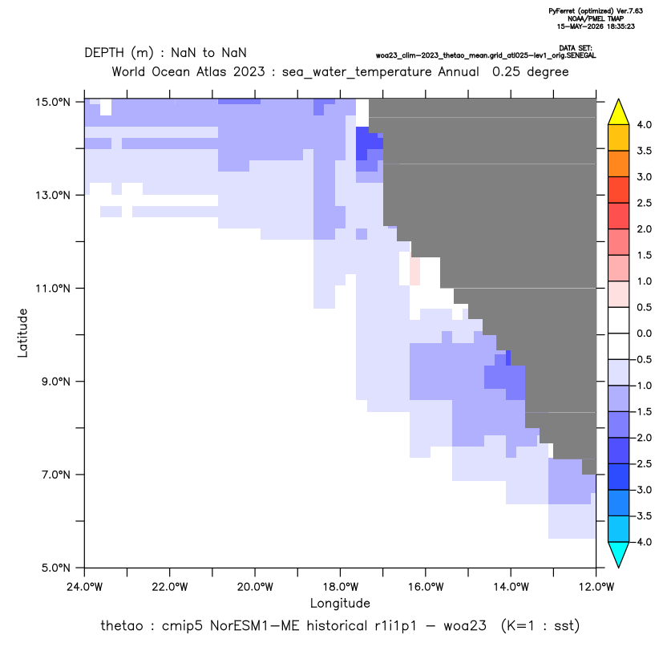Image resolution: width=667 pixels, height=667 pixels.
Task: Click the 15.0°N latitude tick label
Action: tap(53, 102)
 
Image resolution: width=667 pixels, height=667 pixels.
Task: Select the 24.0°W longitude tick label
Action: tap(85, 587)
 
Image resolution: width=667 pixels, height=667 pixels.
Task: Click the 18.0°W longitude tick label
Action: tap(340, 587)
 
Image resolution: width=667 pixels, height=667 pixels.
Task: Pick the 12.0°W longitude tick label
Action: tap(596, 587)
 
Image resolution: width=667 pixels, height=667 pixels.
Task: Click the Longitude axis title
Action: tap(340, 603)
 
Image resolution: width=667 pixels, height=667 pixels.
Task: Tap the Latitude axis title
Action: tap(22, 333)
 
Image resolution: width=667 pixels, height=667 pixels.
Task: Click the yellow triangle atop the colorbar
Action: tap(619, 112)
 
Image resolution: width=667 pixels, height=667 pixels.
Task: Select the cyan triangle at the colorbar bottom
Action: tap(619, 554)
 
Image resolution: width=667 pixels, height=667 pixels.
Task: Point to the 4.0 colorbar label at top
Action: tap(644, 124)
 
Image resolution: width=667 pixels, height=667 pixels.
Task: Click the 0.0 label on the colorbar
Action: tap(644, 333)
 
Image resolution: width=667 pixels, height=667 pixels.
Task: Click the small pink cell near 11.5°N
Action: tap(414, 271)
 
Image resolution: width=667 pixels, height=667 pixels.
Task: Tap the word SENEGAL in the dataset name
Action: tap(581, 56)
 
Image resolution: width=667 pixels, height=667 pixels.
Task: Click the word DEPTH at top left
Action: tap(104, 53)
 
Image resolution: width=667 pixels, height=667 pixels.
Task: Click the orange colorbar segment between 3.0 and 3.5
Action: tap(619, 164)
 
